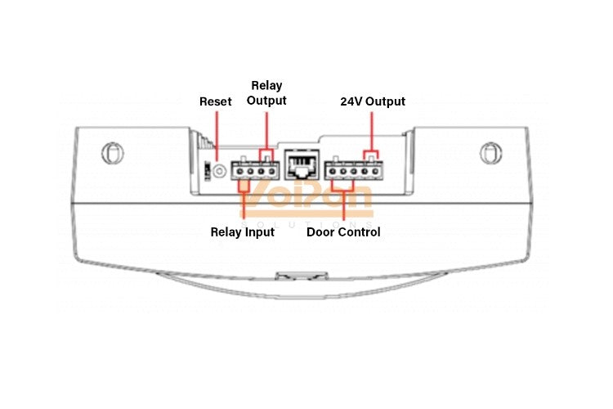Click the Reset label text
coord(215,101)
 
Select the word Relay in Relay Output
coord(266,85)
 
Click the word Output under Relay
coord(266,101)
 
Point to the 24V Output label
coord(372,101)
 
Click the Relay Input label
coord(242,232)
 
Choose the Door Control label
coord(343,232)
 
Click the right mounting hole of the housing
coord(490,152)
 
